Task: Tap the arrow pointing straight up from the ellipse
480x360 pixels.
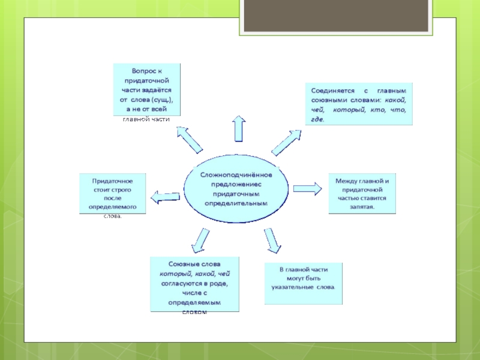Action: coord(238,128)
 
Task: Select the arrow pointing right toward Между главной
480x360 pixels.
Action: coord(308,188)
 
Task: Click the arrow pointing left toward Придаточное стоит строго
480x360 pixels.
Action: coord(166,197)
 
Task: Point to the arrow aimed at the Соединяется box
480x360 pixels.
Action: coord(286,142)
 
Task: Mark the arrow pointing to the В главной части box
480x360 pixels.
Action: coord(272,239)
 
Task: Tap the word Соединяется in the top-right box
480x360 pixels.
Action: coord(332,89)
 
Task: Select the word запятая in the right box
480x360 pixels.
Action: coord(362,206)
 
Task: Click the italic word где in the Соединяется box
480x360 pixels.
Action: coord(317,119)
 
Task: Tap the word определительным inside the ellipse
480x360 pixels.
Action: coord(236,203)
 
